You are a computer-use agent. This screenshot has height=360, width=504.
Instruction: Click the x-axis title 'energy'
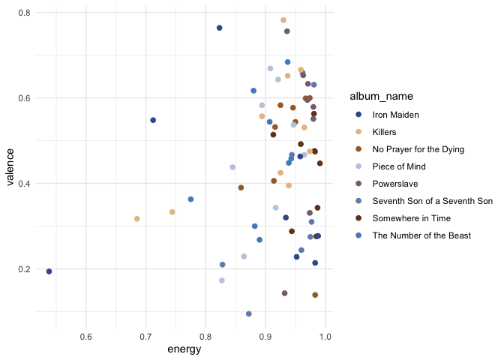184,349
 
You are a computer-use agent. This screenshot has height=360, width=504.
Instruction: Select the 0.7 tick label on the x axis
145,335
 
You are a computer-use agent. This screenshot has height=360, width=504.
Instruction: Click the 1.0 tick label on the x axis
325,335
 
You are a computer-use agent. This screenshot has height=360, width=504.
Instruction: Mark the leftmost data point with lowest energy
49,271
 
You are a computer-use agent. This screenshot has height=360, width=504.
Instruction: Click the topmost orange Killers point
283,20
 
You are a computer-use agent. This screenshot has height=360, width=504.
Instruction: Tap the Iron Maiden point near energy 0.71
153,120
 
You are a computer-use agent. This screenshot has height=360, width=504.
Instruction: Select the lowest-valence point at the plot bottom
249,314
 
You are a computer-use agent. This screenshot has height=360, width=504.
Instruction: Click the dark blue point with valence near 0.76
220,28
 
